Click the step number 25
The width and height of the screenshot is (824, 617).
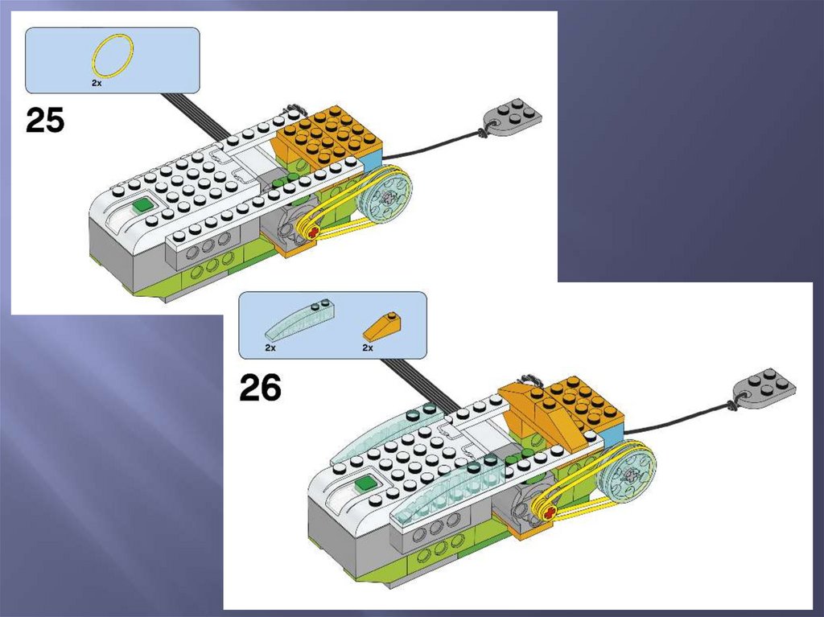pos(45,121)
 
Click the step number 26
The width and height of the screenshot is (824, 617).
pos(260,388)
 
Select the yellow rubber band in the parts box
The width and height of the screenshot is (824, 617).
pos(113,56)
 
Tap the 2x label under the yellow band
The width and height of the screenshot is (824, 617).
pos(97,83)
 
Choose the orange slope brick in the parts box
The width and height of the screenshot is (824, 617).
pos(382,327)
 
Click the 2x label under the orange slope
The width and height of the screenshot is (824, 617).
pos(367,348)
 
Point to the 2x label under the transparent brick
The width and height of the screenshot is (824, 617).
pos(270,348)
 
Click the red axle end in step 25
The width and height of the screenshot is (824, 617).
pos(313,232)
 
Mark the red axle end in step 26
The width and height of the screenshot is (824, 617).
pos(549,513)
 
